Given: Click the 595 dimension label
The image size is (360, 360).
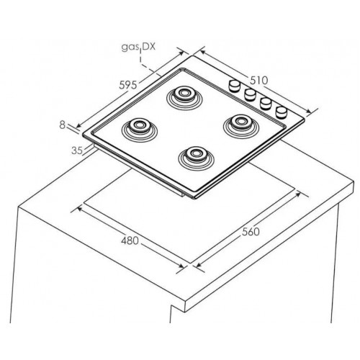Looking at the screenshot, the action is point(128,85).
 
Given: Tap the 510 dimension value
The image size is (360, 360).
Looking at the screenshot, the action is point(258,81).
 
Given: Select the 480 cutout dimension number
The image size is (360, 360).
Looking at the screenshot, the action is point(130,240).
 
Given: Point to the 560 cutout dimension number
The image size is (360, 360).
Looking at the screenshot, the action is point(251,232).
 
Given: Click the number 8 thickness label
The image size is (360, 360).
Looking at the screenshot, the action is point(62,125).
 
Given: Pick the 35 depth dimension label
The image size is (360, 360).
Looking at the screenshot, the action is point(77,150).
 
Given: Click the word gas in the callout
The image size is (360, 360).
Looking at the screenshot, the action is point(130,48).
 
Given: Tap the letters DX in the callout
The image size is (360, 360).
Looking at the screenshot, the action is point(149,46).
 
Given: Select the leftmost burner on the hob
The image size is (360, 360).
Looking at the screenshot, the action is point(139,129).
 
